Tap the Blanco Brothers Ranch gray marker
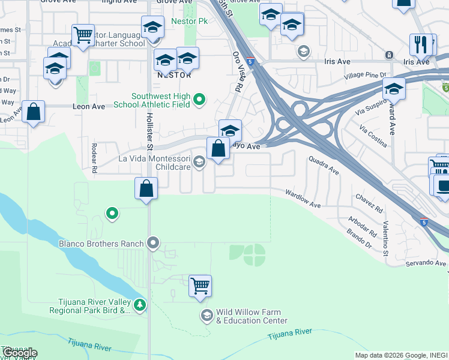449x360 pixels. (153, 243)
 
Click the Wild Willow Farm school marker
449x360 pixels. (207, 316)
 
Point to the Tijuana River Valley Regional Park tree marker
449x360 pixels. (140, 305)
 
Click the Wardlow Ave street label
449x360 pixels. (303, 199)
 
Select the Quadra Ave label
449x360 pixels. (324, 166)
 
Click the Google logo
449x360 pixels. (19, 353)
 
